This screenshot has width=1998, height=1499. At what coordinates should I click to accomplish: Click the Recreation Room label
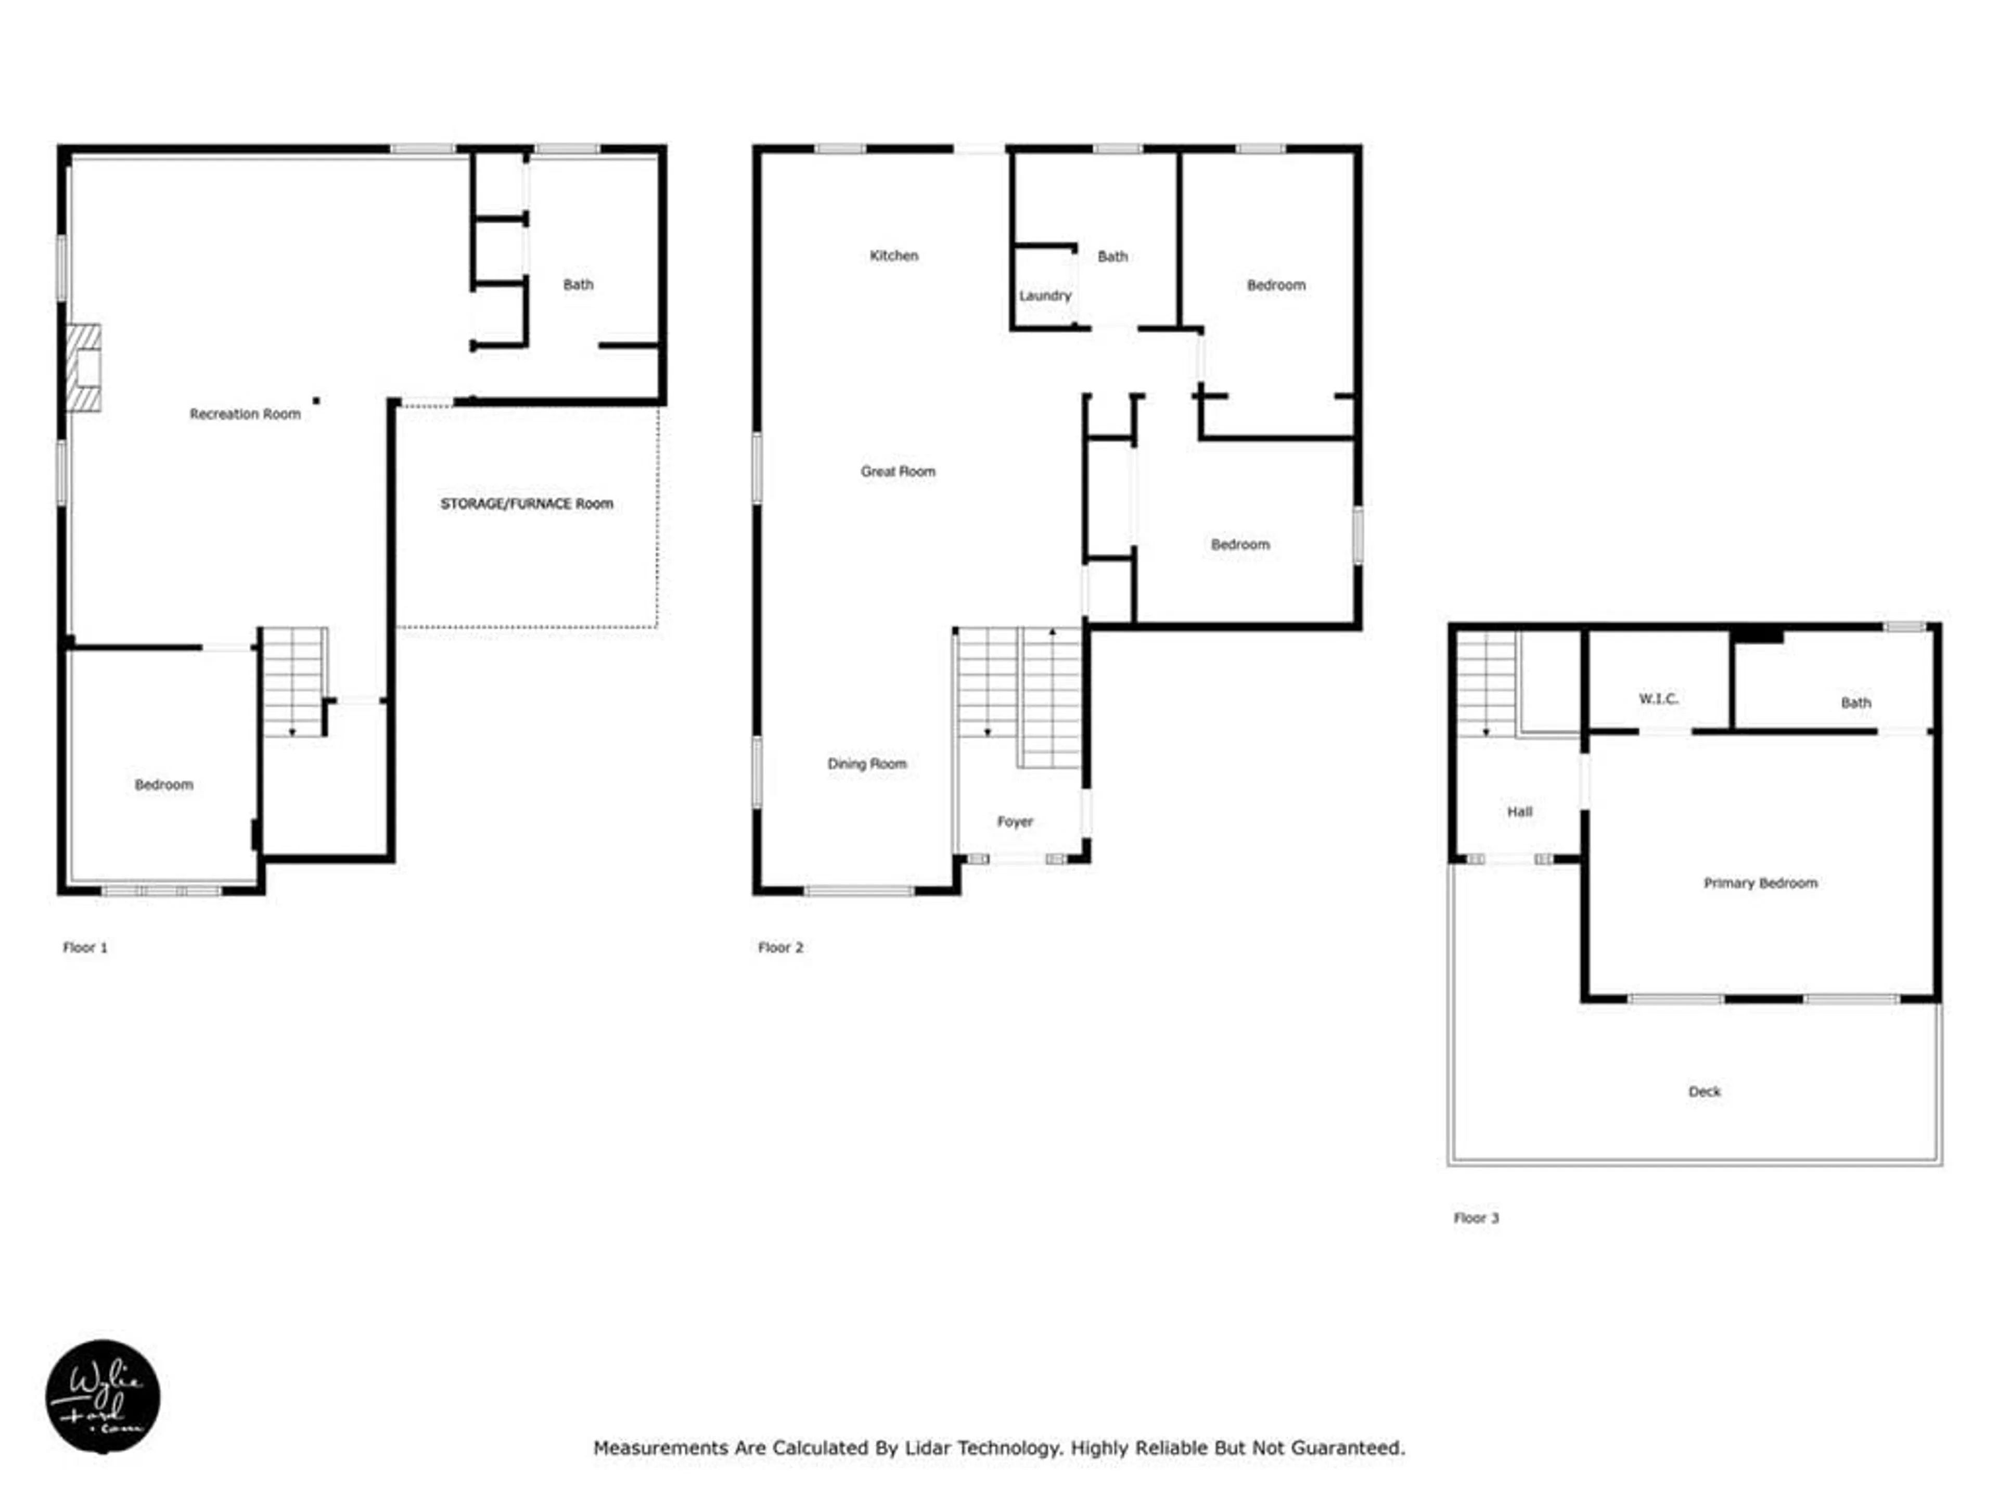pos(245,414)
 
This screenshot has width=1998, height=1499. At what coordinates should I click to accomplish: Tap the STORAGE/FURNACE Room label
pos(527,503)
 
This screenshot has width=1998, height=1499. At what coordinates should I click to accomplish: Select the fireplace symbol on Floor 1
pos(84,369)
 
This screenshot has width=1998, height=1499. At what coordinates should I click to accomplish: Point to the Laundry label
pos(1045,296)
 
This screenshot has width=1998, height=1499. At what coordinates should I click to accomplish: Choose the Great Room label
pos(898,471)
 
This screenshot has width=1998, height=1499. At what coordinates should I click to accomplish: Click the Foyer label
pos(1015,821)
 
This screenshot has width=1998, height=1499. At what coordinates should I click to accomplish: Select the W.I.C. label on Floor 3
pos(1658,698)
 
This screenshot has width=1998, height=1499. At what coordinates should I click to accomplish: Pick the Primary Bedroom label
pos(1760,883)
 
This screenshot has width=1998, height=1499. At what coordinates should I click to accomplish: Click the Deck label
pos(1705,1091)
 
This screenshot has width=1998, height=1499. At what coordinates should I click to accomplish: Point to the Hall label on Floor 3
pos(1519,811)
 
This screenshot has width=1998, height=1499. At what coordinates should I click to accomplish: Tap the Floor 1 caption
pos(85,947)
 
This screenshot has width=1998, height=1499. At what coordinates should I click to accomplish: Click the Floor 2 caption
pos(780,947)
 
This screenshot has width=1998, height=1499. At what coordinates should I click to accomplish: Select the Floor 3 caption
pos(1476,1218)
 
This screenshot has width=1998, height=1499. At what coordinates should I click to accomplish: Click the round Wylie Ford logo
pos(103,1396)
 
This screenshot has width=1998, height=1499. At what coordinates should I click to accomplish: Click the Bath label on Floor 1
pos(578,285)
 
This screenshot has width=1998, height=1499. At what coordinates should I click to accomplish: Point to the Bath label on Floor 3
pos(1856,702)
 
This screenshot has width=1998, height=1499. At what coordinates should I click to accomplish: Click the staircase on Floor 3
pos(1487,684)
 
